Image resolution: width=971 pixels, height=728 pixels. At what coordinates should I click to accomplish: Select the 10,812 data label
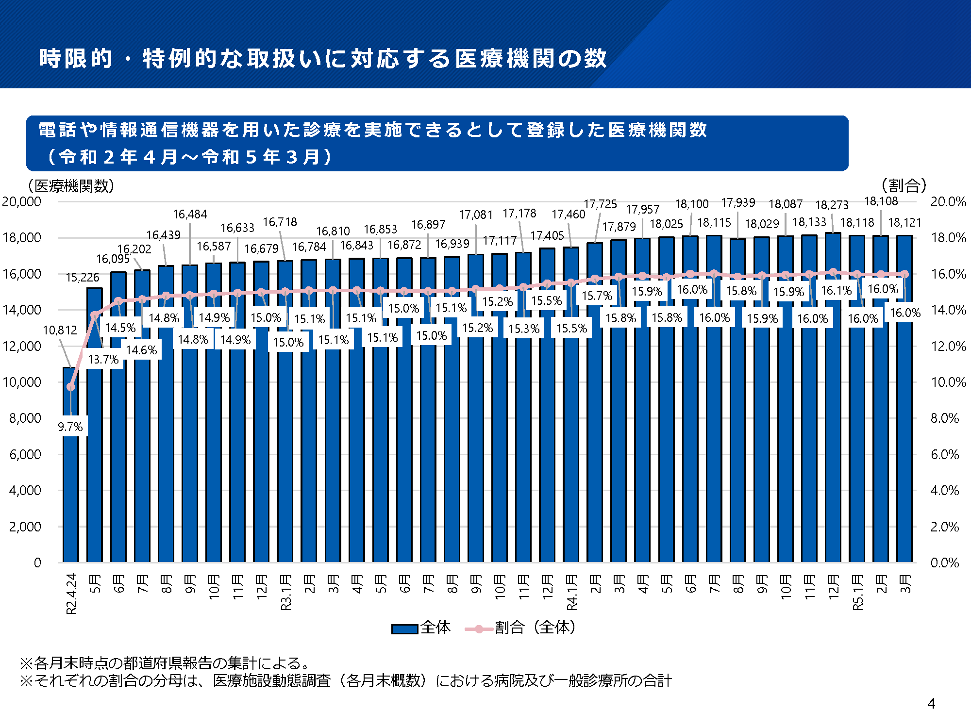point(60,331)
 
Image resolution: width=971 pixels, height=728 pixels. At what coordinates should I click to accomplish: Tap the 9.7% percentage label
point(70,427)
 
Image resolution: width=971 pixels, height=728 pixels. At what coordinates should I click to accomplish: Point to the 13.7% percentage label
point(103,359)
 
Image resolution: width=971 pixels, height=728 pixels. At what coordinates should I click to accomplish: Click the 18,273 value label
point(832,205)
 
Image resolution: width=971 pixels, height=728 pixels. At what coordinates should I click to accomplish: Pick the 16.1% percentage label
point(836,291)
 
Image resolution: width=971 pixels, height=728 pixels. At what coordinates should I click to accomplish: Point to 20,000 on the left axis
point(22,201)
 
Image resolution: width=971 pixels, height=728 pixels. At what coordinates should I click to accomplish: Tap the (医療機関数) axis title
point(71,186)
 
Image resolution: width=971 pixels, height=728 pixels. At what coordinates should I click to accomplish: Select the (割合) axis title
point(904,185)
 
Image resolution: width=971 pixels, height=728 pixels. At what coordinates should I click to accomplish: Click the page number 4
point(931,703)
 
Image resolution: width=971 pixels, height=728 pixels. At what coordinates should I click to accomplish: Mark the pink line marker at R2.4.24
point(71,387)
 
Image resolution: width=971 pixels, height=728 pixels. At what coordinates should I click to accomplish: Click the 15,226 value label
point(83,278)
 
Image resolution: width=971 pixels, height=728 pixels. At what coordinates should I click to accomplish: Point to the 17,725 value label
point(600,204)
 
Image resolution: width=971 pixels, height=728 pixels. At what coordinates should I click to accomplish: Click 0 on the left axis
point(37,563)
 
